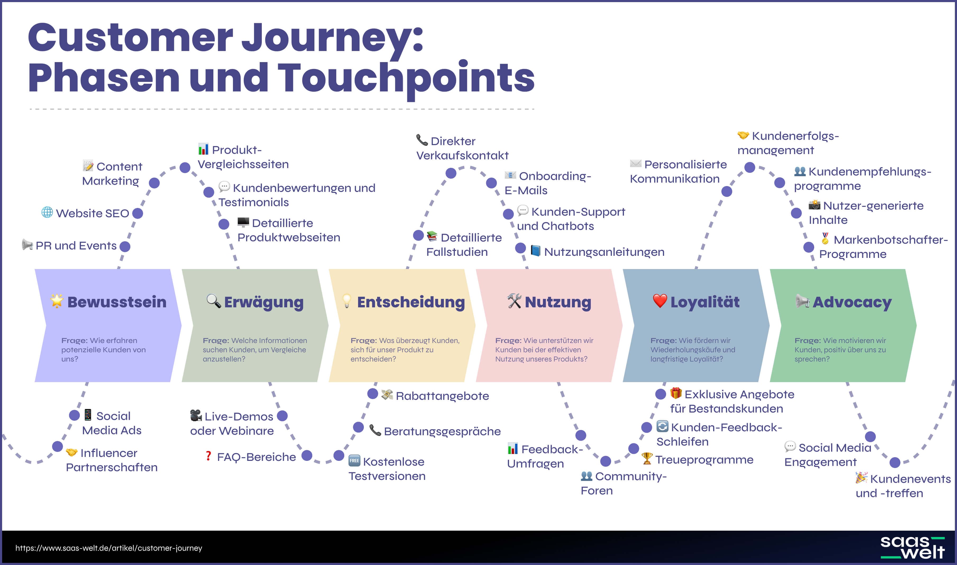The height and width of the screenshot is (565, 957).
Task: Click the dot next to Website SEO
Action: point(138,213)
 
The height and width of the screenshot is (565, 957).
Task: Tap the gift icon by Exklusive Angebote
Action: point(676,393)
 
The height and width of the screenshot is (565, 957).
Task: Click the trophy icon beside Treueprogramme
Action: point(647,459)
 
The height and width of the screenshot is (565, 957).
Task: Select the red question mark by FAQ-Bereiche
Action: point(208,456)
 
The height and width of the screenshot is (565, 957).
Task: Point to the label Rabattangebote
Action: point(442,396)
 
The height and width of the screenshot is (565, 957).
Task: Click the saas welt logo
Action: point(912,548)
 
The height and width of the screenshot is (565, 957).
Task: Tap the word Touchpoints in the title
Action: point(406,78)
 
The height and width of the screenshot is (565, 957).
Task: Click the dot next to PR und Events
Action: point(125,246)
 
